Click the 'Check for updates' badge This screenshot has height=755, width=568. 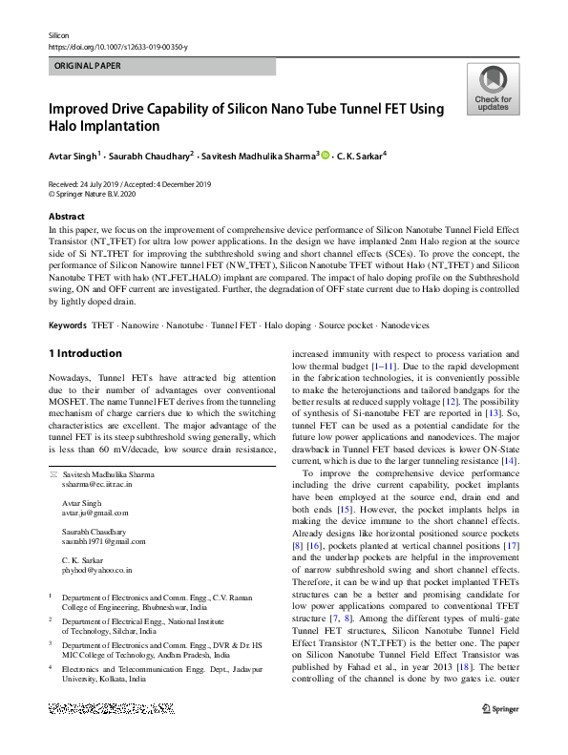point(492,90)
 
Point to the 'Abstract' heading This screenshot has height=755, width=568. point(67,217)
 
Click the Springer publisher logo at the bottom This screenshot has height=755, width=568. point(499,708)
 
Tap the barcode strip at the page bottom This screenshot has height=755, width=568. point(117,708)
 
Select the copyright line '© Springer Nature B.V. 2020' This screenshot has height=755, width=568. point(100,193)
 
